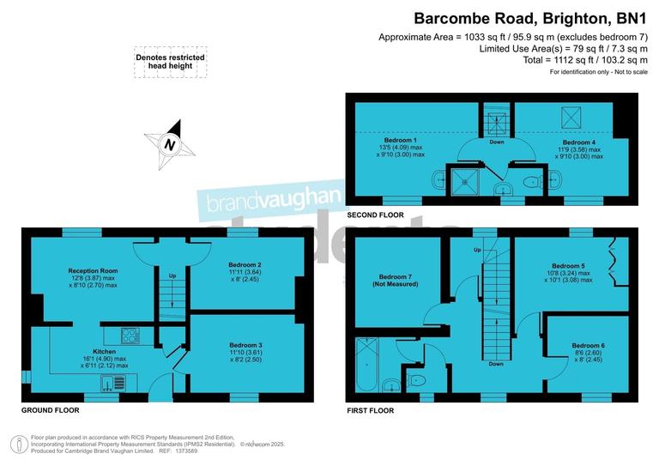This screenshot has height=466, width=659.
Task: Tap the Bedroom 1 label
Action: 401,141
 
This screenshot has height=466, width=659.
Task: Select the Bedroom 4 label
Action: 578,142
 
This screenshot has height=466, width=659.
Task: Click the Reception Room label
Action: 93,270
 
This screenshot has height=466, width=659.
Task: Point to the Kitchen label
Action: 104,351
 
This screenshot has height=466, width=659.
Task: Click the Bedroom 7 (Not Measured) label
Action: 396,280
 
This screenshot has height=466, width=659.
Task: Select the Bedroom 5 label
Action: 568,266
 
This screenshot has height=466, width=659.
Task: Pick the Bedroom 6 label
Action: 588,345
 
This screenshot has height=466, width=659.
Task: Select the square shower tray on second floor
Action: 469,180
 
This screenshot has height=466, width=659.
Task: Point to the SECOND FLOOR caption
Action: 375,214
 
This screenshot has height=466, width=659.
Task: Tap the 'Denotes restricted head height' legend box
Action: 170,63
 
